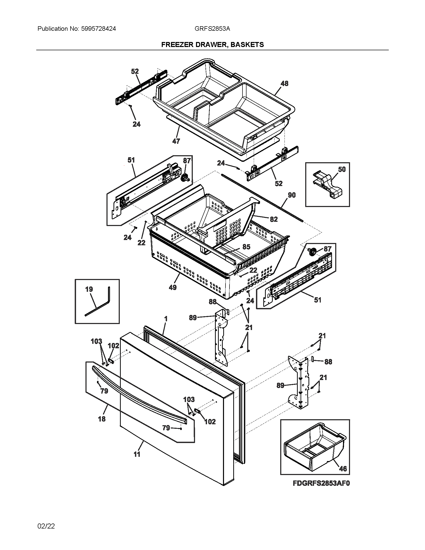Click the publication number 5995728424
click(98, 29)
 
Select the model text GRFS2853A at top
click(212, 29)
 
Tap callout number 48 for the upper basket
click(284, 83)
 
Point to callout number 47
click(176, 141)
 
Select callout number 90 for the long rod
click(291, 195)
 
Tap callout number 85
click(246, 247)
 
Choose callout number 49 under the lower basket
click(173, 287)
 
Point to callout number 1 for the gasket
click(166, 319)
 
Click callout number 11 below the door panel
click(137, 454)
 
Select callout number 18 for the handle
click(102, 419)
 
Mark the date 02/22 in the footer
click(46, 526)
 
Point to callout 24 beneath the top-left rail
click(136, 124)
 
